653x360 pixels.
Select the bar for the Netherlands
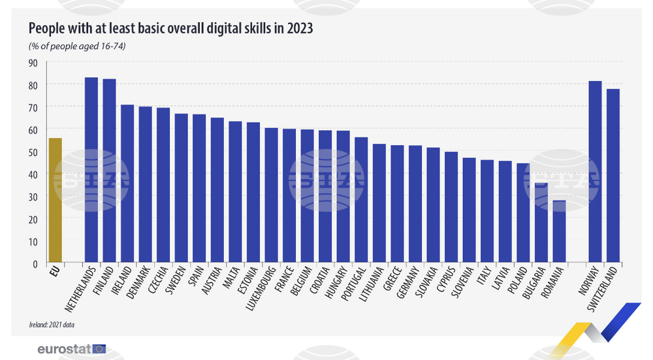tap(91, 171)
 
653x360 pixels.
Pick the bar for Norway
tap(595, 172)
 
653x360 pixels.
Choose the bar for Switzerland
tap(613, 176)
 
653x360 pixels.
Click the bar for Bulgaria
tap(541, 223)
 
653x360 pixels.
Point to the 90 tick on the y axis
tap(33, 63)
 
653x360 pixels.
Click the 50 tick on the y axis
tap(33, 152)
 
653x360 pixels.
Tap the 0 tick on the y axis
tap(36, 263)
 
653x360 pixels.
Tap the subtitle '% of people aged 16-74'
tap(76, 46)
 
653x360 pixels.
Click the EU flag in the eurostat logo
tap(99, 349)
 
